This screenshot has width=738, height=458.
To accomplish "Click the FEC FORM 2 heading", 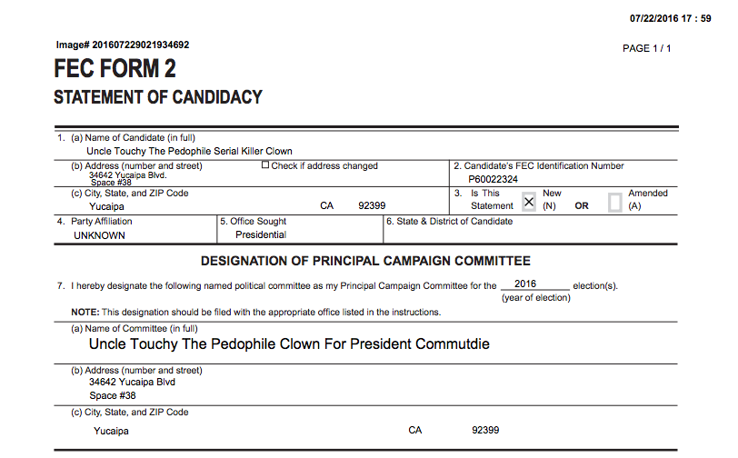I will [115, 69].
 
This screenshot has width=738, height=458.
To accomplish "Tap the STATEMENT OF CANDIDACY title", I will [158, 97].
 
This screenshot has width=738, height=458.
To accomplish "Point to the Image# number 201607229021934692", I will [123, 45].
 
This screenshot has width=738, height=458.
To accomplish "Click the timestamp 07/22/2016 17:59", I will [670, 19].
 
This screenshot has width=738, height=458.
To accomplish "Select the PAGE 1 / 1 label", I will [646, 48].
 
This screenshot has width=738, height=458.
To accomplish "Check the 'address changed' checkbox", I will [265, 165].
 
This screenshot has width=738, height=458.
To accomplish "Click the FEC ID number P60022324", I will [494, 179].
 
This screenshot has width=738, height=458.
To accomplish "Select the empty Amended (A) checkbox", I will [614, 202].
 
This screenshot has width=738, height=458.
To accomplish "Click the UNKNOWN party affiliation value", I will [100, 234].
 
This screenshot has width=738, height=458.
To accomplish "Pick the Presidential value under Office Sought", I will [261, 234].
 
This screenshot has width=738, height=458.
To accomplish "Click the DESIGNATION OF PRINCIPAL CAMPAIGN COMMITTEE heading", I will [365, 261].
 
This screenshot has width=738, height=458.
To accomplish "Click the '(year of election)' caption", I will [536, 298].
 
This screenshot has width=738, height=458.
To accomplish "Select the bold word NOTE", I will [85, 313].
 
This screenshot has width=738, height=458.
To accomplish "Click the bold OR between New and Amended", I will [582, 205].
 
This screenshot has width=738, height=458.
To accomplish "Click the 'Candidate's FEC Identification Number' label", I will [538, 166].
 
